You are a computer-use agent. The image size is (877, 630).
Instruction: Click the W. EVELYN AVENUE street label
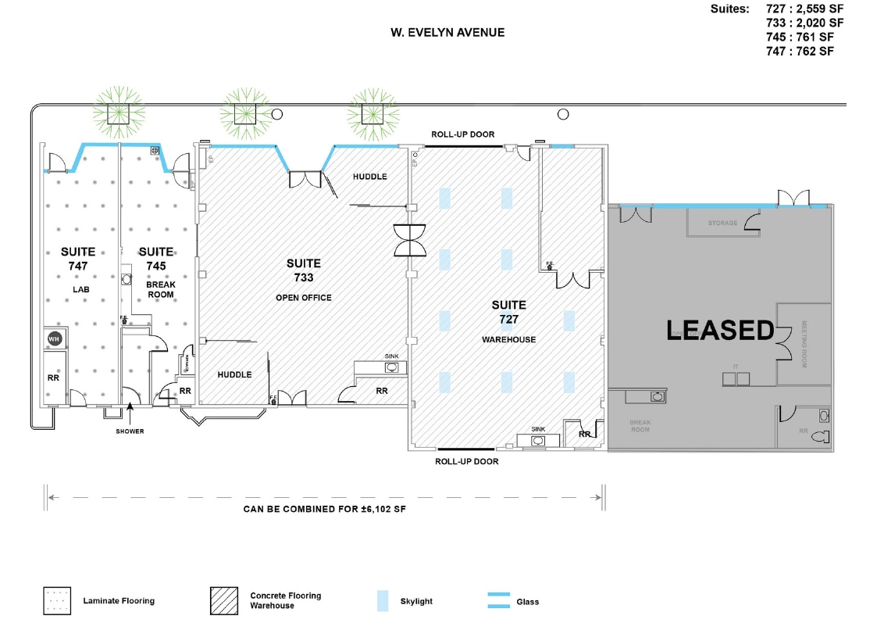click(x=447, y=33)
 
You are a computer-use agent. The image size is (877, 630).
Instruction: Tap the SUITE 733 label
click(x=303, y=270)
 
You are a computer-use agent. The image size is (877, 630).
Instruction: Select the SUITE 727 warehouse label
click(x=508, y=312)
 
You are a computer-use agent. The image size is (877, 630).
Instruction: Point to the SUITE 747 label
click(x=78, y=259)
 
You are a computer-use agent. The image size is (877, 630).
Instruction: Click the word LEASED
click(x=719, y=331)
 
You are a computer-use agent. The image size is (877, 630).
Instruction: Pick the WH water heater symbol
click(x=54, y=338)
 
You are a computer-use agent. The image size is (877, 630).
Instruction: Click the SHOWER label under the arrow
click(x=130, y=431)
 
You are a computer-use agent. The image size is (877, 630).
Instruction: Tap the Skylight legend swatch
click(x=382, y=600)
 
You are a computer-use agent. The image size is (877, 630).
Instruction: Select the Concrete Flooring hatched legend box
click(x=223, y=600)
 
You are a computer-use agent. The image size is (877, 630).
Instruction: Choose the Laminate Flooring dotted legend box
click(x=57, y=600)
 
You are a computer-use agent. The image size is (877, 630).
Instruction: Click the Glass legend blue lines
click(x=499, y=600)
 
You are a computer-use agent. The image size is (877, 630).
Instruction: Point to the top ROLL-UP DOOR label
click(x=463, y=134)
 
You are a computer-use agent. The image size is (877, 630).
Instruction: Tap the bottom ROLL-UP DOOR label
click(x=466, y=461)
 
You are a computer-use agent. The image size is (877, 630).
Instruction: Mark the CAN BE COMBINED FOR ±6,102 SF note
click(x=325, y=509)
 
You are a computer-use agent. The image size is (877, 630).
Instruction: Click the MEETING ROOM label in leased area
click(x=804, y=345)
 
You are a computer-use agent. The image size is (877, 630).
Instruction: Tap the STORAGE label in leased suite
click(x=722, y=224)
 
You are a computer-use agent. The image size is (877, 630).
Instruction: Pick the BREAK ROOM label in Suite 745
click(x=161, y=289)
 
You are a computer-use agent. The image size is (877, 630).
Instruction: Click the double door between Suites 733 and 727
click(x=411, y=240)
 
